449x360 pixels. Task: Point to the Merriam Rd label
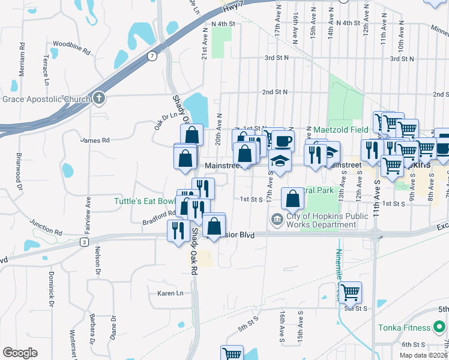point(22,58)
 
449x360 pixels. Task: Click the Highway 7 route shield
point(152,56)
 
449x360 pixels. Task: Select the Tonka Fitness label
point(405,328)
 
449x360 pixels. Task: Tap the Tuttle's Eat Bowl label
point(144,201)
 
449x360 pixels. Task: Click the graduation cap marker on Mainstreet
point(280,159)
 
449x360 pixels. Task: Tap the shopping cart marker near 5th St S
point(351,292)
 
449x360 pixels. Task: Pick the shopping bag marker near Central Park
point(292,198)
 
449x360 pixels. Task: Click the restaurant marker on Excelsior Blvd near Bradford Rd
point(178,230)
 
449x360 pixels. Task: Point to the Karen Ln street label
point(169,293)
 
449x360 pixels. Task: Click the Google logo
point(20,353)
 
